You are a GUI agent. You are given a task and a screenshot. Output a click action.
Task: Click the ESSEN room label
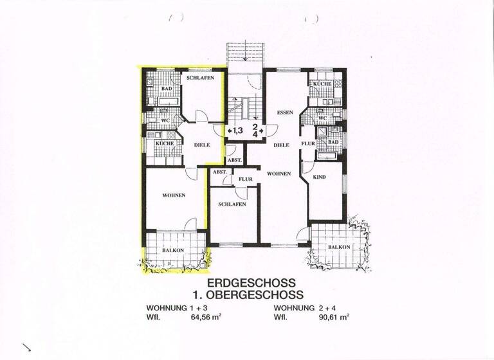(x=285, y=113)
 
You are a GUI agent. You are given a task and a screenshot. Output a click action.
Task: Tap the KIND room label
(x=320, y=176)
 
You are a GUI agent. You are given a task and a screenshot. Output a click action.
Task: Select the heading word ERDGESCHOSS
(x=252, y=283)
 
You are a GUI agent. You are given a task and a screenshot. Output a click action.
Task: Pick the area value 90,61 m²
(x=334, y=318)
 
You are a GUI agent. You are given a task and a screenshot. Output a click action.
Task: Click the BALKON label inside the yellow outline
(x=172, y=250)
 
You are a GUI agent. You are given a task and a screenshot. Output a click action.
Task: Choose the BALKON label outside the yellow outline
(x=339, y=247)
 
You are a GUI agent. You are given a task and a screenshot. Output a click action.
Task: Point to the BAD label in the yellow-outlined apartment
(x=167, y=89)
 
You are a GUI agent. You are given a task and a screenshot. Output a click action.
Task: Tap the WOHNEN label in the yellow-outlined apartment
(x=174, y=195)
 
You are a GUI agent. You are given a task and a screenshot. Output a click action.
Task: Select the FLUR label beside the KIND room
(x=308, y=143)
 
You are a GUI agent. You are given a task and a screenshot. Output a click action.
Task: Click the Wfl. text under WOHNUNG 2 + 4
(x=280, y=318)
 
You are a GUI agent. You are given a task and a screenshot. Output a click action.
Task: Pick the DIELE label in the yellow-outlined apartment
(x=202, y=145)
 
